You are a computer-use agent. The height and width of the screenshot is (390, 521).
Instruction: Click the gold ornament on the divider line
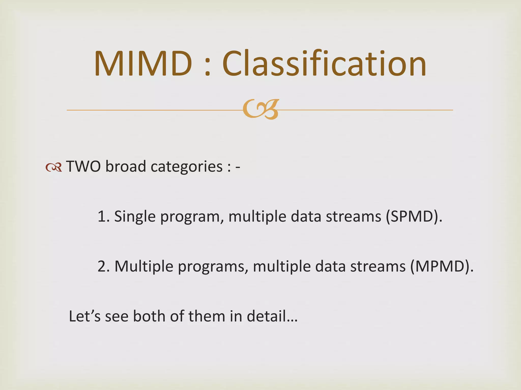click(261, 109)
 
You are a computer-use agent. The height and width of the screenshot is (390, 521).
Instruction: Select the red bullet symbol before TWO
click(54, 167)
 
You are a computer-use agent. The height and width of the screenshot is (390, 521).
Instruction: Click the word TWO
click(84, 167)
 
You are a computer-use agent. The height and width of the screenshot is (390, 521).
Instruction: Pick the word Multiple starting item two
click(144, 267)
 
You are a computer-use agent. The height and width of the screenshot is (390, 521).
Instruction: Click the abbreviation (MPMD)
click(442, 266)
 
